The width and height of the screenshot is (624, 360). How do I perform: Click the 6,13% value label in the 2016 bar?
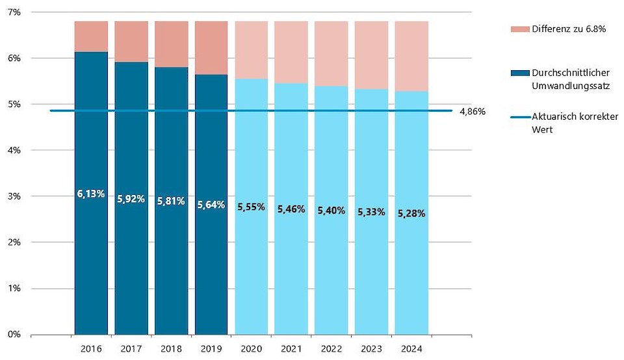point(91,194)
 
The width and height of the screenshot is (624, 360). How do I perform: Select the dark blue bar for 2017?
point(131,260)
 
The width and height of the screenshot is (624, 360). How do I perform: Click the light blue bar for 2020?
point(251,273)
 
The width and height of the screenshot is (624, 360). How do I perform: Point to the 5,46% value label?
point(291,209)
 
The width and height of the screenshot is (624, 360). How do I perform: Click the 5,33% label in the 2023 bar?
point(371,211)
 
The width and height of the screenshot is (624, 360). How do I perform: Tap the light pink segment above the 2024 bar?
point(411,56)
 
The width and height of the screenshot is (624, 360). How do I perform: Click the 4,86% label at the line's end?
point(472,111)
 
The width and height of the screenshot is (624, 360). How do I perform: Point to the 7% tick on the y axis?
point(14,12)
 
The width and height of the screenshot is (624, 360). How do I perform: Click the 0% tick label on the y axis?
point(14,335)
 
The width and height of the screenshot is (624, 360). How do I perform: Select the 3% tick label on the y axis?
point(14,196)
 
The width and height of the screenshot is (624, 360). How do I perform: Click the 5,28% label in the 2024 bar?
point(411,213)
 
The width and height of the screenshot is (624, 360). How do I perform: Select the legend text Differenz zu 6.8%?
point(569,29)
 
